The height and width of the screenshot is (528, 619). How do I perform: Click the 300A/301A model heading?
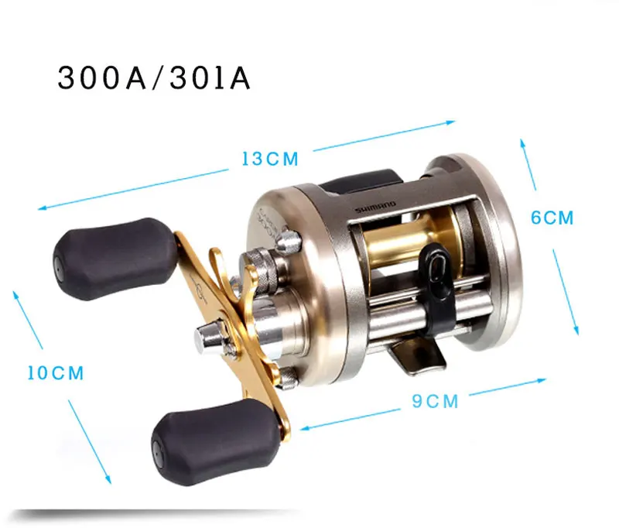click(x=154, y=78)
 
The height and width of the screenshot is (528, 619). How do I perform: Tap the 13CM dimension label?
click(x=270, y=159)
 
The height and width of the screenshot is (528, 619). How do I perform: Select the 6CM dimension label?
click(x=552, y=218)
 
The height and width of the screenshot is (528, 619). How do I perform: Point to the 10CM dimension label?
click(x=56, y=373)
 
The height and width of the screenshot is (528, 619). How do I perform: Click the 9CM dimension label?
click(x=435, y=401)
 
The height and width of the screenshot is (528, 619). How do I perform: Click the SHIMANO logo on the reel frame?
click(x=376, y=207)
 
